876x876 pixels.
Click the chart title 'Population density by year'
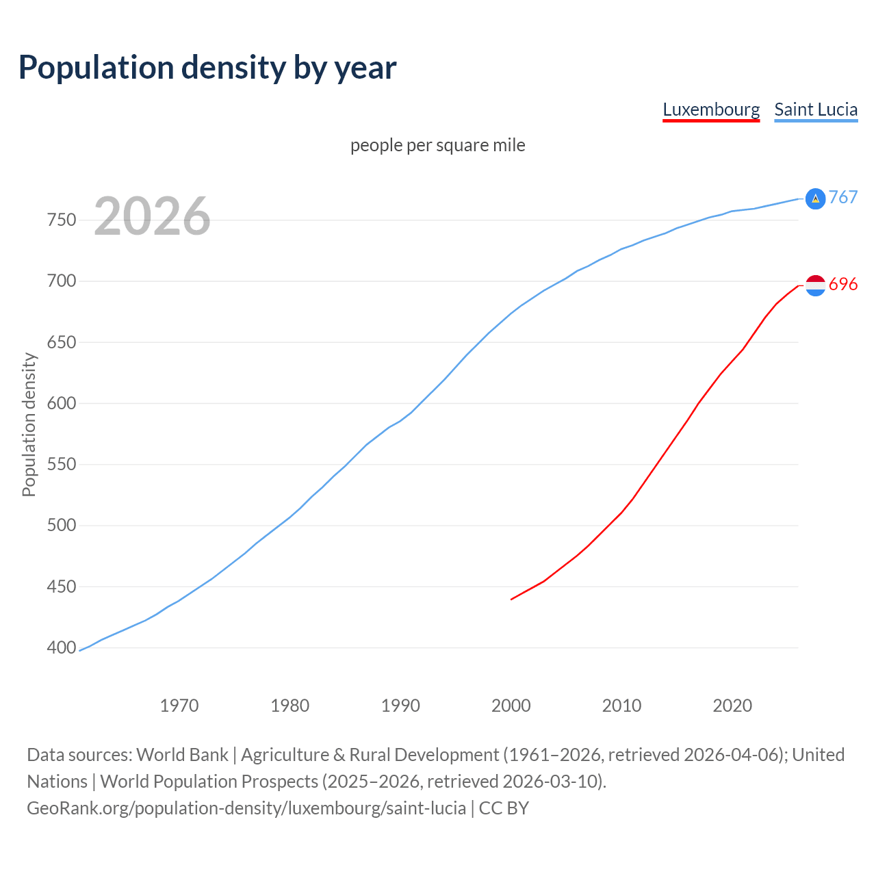click(x=207, y=67)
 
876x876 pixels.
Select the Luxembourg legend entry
click(x=711, y=109)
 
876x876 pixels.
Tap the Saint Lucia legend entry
click(x=816, y=109)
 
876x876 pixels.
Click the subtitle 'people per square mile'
click(x=438, y=145)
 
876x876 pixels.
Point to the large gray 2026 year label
click(x=152, y=216)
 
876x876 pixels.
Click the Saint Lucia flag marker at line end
click(x=815, y=198)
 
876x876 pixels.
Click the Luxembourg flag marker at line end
click(x=815, y=285)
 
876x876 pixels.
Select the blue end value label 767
click(x=843, y=197)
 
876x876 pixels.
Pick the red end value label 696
click(x=843, y=284)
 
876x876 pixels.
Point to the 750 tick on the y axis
click(x=62, y=220)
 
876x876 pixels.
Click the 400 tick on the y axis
click(x=62, y=647)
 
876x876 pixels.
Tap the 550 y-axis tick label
click(x=62, y=465)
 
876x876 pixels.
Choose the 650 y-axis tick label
click(x=62, y=342)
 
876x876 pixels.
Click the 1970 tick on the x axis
click(x=179, y=706)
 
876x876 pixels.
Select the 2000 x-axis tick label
click(x=511, y=706)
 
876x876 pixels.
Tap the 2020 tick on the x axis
click(x=732, y=706)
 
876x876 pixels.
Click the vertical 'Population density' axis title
click(x=29, y=424)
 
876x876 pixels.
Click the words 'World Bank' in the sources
click(x=182, y=755)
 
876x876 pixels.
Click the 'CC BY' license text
click(x=504, y=808)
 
